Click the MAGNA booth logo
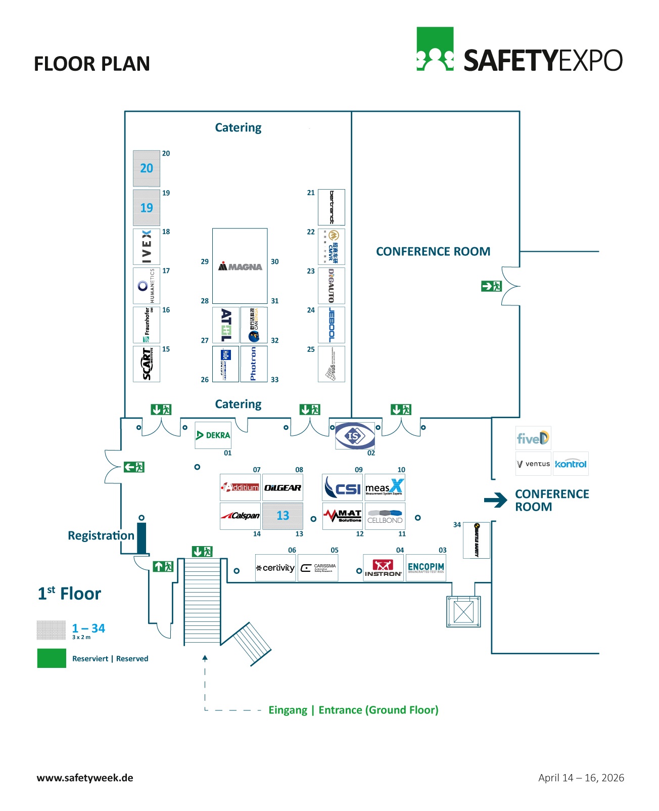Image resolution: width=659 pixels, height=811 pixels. [240, 266]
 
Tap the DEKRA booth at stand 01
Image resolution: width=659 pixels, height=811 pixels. [213, 435]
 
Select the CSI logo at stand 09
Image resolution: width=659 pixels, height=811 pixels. [342, 487]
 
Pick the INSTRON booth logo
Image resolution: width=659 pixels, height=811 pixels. [383, 568]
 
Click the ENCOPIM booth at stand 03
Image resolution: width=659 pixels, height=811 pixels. [426, 568]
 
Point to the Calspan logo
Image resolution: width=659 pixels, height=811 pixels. [240, 516]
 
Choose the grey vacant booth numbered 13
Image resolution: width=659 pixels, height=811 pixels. [283, 516]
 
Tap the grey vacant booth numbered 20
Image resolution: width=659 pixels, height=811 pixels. [147, 168]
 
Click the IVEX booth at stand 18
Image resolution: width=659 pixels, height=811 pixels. [147, 247]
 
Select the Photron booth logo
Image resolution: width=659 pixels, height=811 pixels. [254, 364]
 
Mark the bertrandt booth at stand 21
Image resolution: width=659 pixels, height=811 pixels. [332, 207]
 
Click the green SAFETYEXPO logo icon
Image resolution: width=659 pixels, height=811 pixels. [435, 49]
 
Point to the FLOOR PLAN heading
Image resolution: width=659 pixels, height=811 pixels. [92, 64]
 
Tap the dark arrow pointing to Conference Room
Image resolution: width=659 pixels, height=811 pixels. [495, 500]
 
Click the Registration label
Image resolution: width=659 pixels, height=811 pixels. [101, 535]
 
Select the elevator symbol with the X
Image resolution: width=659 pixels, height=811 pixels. [463, 612]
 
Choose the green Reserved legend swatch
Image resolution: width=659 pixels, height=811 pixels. [52, 658]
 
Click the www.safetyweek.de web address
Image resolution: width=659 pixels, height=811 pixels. [85, 778]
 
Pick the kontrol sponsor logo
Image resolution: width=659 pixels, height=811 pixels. [571, 464]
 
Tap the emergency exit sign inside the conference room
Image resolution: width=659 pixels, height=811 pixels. [491, 286]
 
